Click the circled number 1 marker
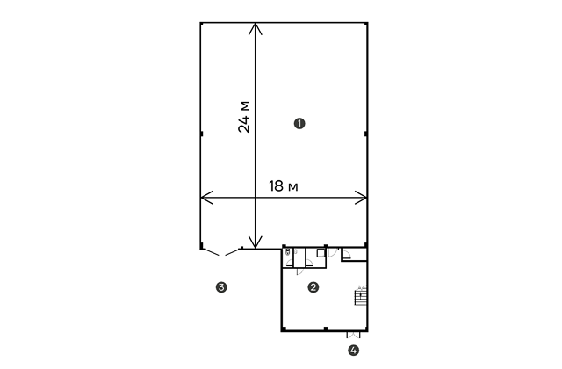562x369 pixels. click(299, 124)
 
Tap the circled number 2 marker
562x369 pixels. click(313, 287)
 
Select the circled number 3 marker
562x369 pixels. click(221, 287)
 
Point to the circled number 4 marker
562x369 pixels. click(353, 351)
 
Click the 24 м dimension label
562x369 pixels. click(244, 117)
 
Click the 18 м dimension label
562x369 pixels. click(284, 186)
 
